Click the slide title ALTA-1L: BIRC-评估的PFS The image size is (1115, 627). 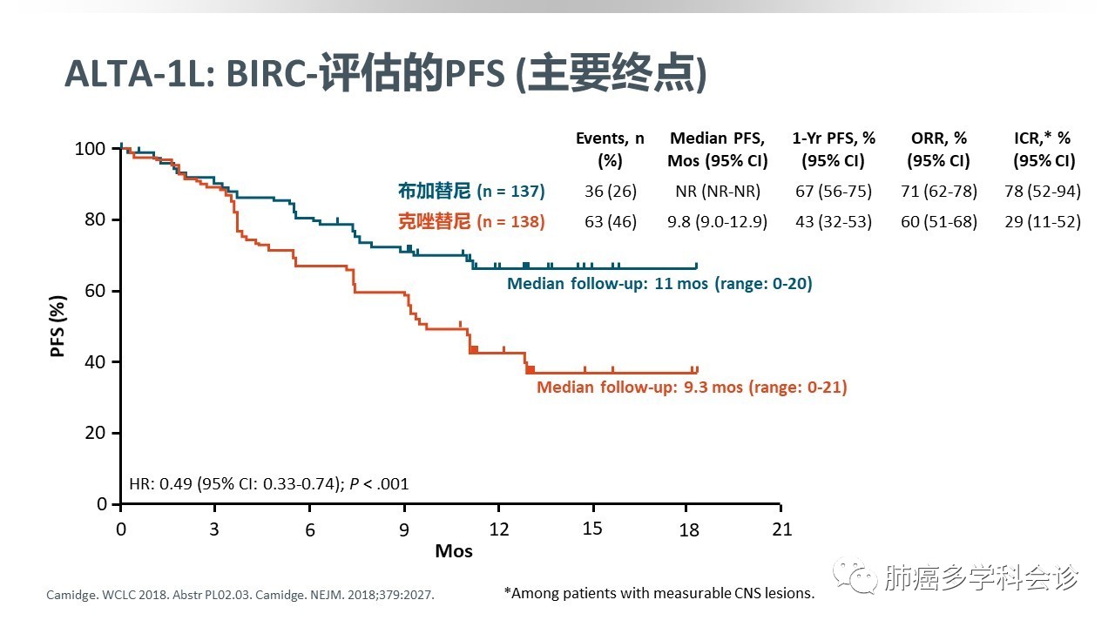point(385,74)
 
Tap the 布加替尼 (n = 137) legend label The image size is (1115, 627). point(471,192)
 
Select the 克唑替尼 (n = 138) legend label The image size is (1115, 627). point(471,222)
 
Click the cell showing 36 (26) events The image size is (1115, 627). point(611,192)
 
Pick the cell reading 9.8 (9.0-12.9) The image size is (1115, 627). point(717,222)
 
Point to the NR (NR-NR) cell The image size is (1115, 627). point(717,192)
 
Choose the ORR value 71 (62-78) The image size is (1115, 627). point(938,192)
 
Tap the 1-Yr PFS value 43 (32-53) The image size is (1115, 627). point(832,222)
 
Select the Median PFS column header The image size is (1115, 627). point(717,149)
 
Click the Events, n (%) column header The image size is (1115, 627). point(611,149)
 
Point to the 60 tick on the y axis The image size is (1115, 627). point(95,291)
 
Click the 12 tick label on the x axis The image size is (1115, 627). point(498,529)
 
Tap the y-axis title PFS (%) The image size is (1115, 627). point(58,327)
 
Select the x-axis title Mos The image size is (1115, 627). point(454,551)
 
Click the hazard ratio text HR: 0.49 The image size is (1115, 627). point(268,484)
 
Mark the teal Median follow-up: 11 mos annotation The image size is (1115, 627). point(659,284)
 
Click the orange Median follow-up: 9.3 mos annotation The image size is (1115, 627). point(692,387)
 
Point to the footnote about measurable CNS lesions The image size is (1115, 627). point(659,593)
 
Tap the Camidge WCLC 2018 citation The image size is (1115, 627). point(240,596)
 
